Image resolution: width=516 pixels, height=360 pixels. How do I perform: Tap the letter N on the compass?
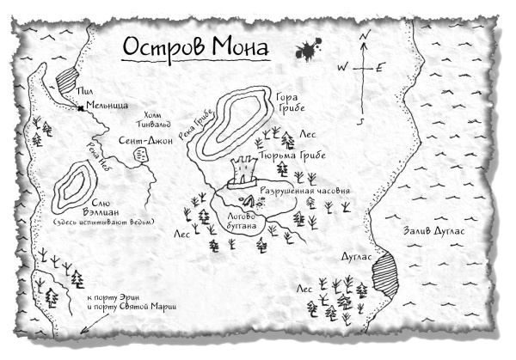click(x=365, y=34)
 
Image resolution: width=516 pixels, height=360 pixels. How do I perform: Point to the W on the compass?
click(x=341, y=66)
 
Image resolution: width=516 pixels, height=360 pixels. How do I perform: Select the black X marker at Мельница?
click(x=79, y=108)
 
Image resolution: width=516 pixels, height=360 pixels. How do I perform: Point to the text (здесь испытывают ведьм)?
click(x=87, y=224)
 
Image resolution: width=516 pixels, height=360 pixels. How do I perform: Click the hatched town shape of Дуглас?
click(x=384, y=276)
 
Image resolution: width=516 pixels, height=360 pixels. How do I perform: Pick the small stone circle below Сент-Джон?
click(x=139, y=153)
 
